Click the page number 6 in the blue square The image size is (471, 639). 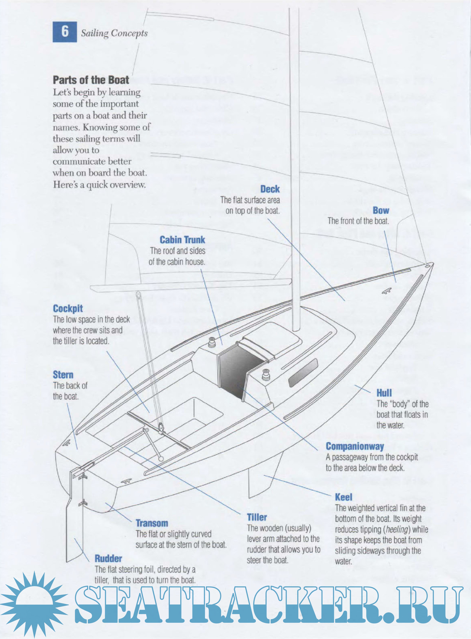tap(65, 32)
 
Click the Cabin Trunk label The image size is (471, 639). tap(182, 240)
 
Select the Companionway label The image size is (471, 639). tap(355, 446)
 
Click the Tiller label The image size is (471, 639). tap(257, 517)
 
